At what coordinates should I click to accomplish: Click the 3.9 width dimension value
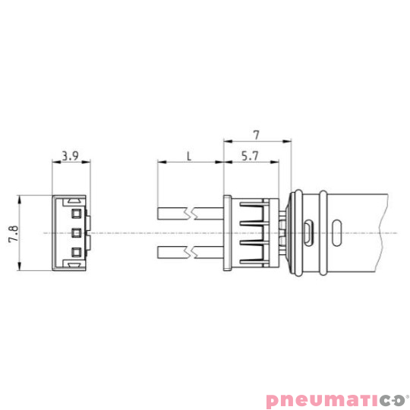(70, 156)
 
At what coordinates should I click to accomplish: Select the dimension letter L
(189, 156)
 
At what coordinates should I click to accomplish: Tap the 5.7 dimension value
(248, 156)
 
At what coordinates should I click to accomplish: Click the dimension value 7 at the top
(257, 134)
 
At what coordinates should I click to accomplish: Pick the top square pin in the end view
(76, 213)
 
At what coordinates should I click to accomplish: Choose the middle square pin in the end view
(76, 232)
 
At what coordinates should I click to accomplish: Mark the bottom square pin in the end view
(76, 251)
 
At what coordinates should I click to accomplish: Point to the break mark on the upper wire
(199, 213)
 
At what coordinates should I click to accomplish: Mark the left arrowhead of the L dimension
(159, 162)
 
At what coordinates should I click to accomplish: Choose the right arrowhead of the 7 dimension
(288, 141)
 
